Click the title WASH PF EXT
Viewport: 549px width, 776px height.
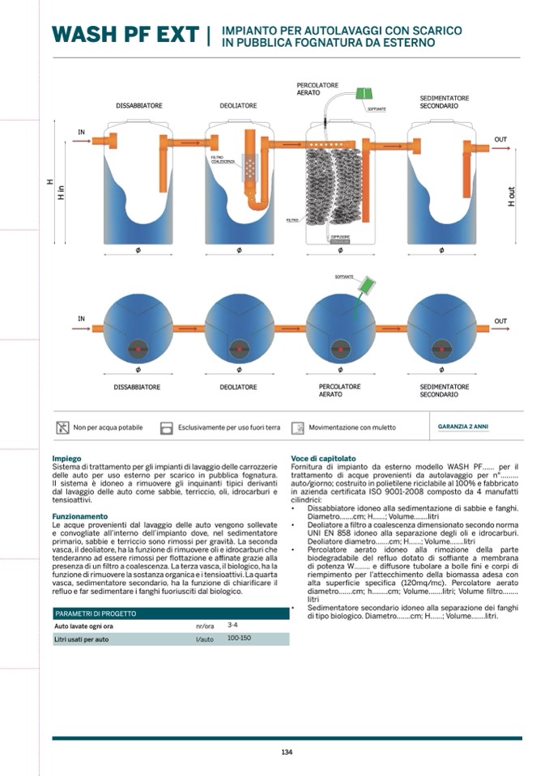pyautogui.click(x=125, y=35)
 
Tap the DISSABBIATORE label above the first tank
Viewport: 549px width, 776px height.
pyautogui.click(x=139, y=106)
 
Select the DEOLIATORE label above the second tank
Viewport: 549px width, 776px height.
pyautogui.click(x=238, y=106)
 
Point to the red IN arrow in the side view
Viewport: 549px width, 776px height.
pyautogui.click(x=82, y=141)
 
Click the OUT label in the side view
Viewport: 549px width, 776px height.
pyautogui.click(x=500, y=139)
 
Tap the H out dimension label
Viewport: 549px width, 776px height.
pyautogui.click(x=511, y=196)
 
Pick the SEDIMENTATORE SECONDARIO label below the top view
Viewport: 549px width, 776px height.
pyautogui.click(x=445, y=391)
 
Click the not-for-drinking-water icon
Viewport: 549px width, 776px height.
pyautogui.click(x=62, y=427)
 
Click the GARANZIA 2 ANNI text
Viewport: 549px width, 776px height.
pyautogui.click(x=462, y=426)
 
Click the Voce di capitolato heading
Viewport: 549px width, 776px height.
pyautogui.click(x=323, y=459)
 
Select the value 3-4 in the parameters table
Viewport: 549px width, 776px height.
pyautogui.click(x=232, y=625)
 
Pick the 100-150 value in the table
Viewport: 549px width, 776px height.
pyautogui.click(x=239, y=638)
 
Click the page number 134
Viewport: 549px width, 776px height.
pyautogui.click(x=287, y=753)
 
